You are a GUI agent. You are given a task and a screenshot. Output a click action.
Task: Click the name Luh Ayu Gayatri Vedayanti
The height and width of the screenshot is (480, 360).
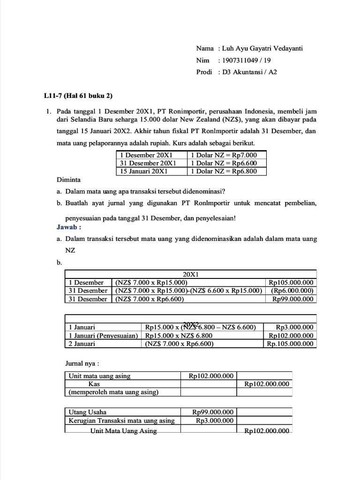262,48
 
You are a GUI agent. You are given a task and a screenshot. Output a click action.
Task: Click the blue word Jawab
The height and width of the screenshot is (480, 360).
69,227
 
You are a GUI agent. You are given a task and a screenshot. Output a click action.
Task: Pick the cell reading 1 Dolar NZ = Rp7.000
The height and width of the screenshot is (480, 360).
224,155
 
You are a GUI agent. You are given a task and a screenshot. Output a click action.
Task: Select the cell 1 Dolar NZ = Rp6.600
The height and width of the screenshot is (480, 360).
224,163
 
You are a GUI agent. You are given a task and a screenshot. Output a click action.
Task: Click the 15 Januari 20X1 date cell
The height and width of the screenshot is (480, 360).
145,171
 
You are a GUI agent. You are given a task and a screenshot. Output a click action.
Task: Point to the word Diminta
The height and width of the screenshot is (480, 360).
68,180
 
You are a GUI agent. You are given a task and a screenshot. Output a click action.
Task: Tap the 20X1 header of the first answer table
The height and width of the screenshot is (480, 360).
190,274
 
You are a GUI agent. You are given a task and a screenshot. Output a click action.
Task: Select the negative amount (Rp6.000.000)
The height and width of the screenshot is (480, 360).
292,291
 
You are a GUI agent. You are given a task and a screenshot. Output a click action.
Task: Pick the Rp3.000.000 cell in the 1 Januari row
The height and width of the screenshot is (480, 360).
294,327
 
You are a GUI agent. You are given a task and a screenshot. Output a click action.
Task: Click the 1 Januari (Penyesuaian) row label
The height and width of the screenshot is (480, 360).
103,335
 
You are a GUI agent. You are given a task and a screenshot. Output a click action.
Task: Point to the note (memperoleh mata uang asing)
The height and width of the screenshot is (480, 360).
113,392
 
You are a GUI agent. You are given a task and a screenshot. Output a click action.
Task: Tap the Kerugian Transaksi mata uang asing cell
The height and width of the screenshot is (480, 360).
121,420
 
